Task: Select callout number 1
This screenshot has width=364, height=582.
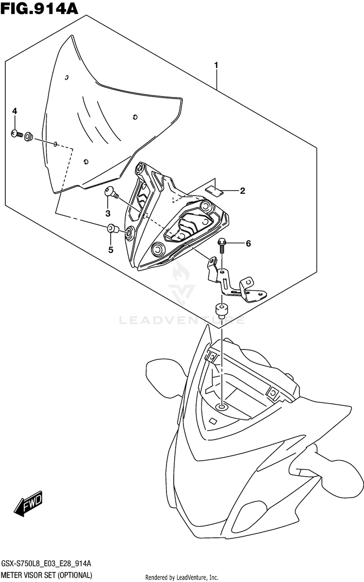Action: (216, 65)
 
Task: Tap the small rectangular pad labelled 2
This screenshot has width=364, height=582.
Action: (214, 190)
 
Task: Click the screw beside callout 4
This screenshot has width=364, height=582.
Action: (17, 133)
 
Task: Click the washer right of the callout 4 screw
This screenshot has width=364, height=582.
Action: (29, 136)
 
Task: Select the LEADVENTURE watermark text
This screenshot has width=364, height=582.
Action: (182, 320)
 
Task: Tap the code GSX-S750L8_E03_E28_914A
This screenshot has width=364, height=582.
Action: (47, 564)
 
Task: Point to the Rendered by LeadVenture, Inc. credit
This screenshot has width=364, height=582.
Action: (182, 577)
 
